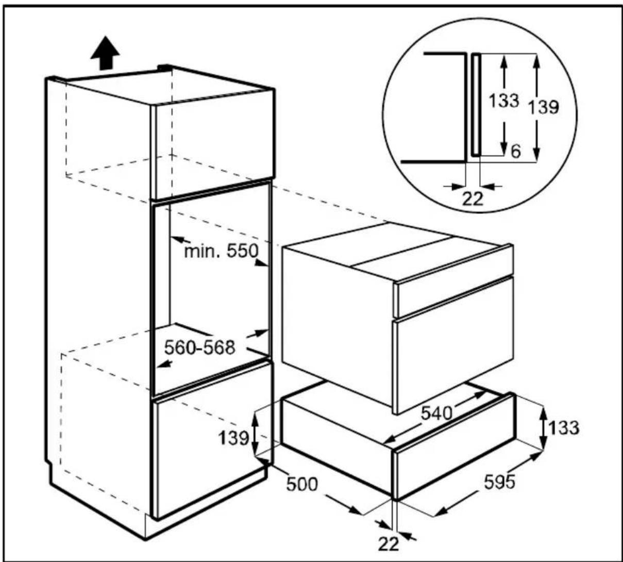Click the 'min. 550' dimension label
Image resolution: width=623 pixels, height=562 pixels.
point(222,251)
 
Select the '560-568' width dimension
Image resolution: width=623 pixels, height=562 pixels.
point(199,348)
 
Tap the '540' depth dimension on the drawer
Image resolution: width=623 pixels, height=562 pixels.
point(436,413)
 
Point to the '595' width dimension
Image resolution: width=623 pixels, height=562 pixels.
point(499,482)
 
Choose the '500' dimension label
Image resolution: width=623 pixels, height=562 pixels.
point(302,484)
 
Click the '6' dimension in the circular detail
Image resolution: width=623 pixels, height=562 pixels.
point(515,152)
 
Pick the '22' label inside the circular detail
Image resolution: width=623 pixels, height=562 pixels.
point(473,199)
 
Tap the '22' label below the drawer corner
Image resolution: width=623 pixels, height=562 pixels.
point(389,544)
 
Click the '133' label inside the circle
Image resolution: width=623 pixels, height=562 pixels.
point(504,101)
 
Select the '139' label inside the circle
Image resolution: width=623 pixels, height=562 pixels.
point(544,107)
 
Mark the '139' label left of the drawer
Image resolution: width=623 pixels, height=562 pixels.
point(233,438)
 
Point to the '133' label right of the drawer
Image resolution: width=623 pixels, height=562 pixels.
point(564,427)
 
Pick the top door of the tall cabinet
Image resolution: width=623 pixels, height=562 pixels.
point(213,144)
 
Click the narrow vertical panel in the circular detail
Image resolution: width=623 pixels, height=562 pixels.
point(476,105)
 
